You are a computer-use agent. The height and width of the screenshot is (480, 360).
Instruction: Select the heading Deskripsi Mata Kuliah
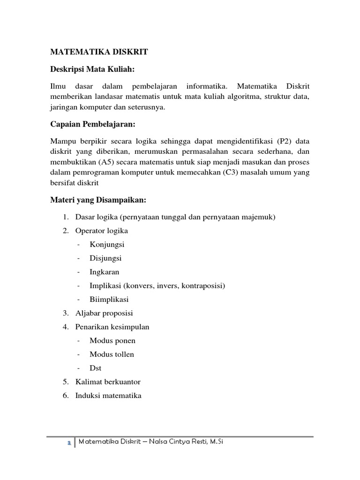(x=92, y=69)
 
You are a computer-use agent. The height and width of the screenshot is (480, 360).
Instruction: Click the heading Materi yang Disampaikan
(x=98, y=200)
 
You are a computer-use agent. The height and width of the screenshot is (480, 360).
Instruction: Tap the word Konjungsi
(x=107, y=244)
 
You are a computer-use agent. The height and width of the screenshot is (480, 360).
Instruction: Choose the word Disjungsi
(x=106, y=258)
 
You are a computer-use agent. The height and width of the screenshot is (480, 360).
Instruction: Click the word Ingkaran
(x=105, y=272)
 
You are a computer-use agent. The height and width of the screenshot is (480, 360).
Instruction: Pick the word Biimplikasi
(x=109, y=299)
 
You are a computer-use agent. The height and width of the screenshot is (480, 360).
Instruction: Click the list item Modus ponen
(x=112, y=340)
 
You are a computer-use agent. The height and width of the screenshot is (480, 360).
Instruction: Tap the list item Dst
(x=96, y=368)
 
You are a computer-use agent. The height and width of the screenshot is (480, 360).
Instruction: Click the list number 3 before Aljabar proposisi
(x=65, y=313)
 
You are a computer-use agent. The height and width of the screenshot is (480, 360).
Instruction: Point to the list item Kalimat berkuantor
(x=108, y=382)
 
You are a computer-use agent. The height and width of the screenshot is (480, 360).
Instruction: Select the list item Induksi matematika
(x=108, y=395)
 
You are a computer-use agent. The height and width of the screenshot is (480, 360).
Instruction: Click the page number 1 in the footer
(x=68, y=442)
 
